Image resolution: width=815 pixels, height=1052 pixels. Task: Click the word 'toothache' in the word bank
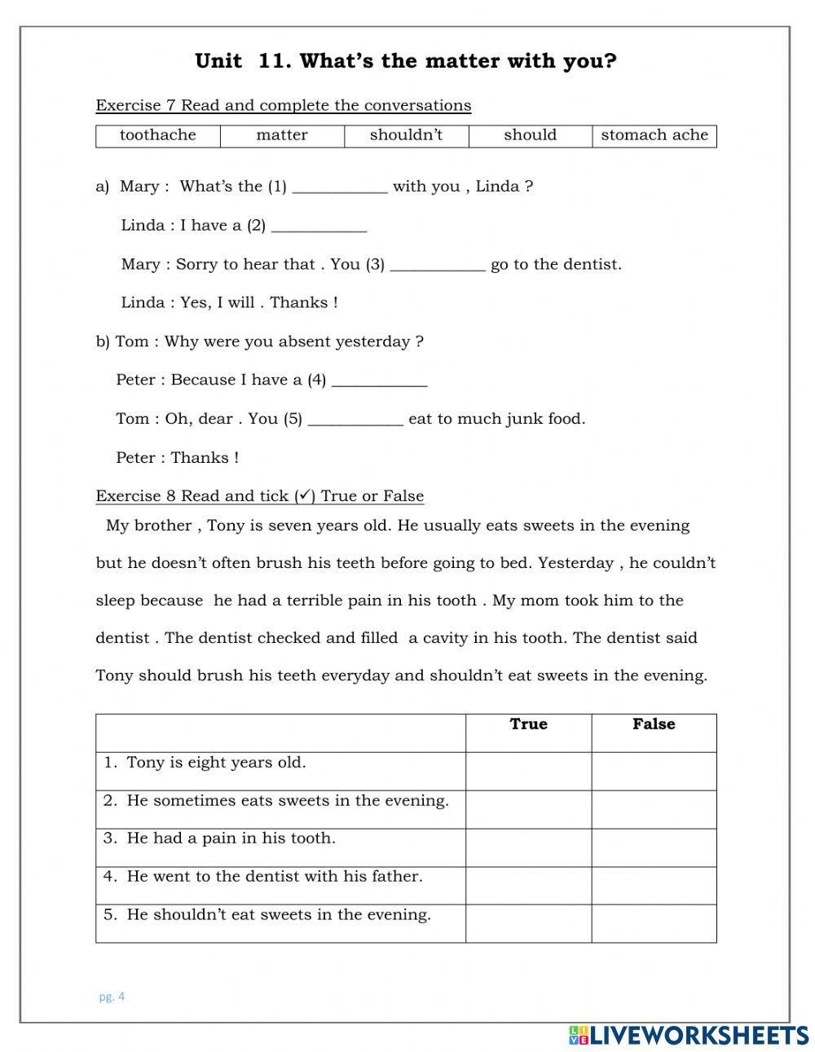coord(158,135)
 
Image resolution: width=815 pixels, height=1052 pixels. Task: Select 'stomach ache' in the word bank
coord(654,135)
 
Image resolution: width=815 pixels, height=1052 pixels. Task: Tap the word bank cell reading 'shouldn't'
coord(406,135)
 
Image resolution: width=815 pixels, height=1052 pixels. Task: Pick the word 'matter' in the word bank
coord(282,135)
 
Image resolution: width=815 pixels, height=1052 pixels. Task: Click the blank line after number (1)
coord(339,187)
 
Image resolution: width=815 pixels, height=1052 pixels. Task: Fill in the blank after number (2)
coord(319,227)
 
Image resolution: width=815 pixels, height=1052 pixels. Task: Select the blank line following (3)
coord(438,265)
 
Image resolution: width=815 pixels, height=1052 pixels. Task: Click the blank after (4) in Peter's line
coord(379,381)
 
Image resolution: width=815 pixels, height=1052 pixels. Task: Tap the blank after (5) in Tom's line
coord(355,420)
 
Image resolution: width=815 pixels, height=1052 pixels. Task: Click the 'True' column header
coord(528,724)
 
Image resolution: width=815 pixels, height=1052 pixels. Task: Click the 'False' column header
coord(654,724)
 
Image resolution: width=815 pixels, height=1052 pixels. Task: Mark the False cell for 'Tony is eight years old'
coord(654,771)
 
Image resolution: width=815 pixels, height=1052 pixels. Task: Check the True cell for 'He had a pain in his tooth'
coord(528,847)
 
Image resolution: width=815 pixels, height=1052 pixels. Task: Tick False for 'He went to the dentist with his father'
coord(654,885)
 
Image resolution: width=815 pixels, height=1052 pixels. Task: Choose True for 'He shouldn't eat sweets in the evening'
coord(528,923)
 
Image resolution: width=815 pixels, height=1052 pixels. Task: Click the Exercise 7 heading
coord(283,106)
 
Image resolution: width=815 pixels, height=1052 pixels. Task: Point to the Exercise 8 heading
coord(259,496)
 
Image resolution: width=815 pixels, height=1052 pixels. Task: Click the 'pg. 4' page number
coord(112,996)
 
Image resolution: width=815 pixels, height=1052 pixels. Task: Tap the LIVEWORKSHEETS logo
coord(688,1035)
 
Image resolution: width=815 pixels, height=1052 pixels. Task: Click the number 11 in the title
coord(270,62)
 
